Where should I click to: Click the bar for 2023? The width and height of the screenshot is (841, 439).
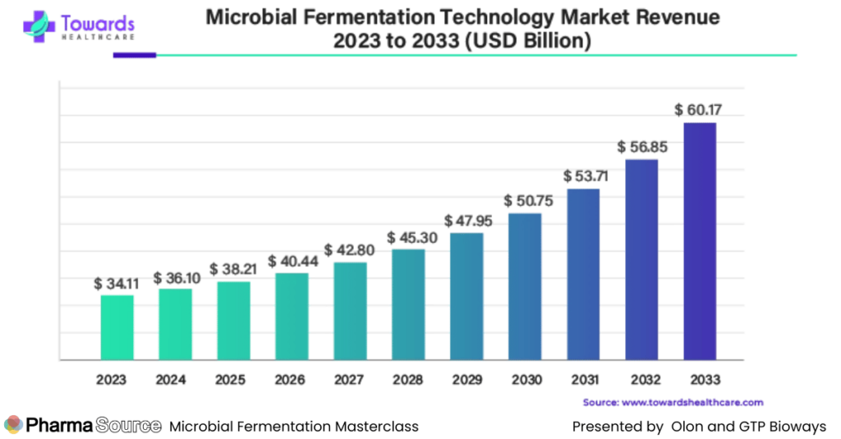[117, 327]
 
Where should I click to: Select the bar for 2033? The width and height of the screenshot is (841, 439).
[700, 240]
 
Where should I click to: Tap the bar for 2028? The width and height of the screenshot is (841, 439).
[408, 304]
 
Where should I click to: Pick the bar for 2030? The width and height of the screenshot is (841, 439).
[525, 286]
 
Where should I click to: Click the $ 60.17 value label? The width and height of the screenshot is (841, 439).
[699, 109]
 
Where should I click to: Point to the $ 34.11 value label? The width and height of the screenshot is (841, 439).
[117, 283]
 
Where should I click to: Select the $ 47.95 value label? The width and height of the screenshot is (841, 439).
[466, 221]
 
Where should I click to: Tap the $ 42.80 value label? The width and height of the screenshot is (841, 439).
[350, 249]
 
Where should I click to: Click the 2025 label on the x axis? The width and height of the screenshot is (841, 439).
[233, 380]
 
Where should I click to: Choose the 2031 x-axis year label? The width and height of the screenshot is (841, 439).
[583, 380]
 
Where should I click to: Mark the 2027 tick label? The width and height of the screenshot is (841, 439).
[350, 380]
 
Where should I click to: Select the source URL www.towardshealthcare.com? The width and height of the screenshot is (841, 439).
[693, 403]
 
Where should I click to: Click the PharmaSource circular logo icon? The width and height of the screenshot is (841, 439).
[13, 426]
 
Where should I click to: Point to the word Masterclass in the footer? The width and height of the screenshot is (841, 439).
[377, 427]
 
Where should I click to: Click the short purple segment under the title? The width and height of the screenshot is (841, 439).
[134, 56]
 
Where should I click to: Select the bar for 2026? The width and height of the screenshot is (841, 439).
[292, 316]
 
